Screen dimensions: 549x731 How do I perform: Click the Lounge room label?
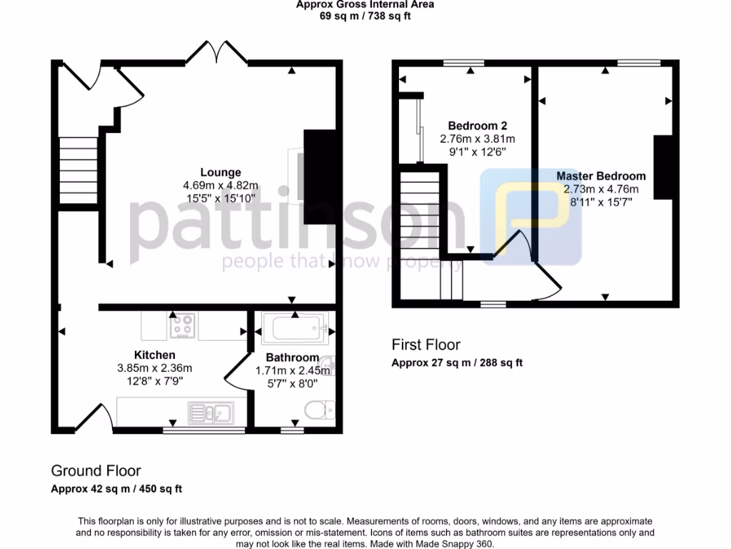220,172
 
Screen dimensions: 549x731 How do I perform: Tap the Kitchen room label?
154,355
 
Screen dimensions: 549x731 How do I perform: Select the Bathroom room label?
292,357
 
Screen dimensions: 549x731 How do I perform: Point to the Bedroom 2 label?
478,126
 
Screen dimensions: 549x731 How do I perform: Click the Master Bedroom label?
601,176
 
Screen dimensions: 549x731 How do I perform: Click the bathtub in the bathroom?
294,329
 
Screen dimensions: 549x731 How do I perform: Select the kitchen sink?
210,412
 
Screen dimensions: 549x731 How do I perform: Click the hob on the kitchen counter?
182,327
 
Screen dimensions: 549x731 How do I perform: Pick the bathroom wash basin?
328,365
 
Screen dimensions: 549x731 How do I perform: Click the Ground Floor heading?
96,470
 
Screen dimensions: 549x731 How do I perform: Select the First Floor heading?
426,345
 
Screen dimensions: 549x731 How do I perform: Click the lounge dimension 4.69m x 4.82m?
220,185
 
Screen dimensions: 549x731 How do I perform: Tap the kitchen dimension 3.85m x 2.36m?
154,368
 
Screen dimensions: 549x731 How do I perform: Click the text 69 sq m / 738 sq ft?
365,16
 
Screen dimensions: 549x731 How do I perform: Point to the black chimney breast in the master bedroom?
662,167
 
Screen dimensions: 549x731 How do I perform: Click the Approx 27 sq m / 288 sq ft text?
457,362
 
